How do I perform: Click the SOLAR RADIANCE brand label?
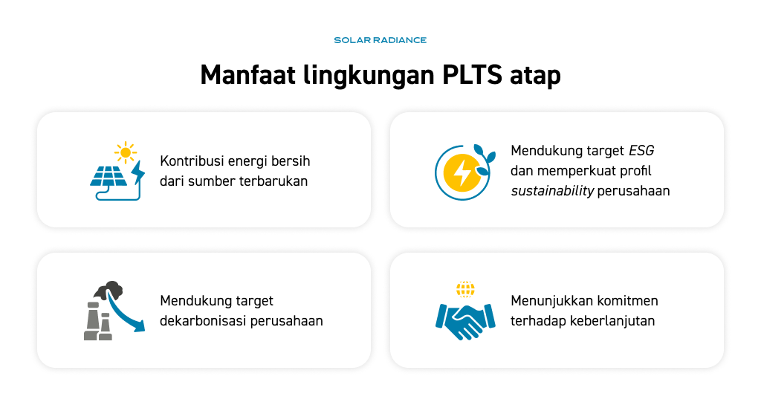click(380, 40)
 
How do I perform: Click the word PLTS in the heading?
click(472, 75)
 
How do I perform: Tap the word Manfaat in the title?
click(247, 75)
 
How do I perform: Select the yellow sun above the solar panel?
click(126, 153)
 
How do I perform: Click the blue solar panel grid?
click(109, 176)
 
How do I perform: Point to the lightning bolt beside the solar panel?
click(138, 172)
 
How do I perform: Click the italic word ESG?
click(641, 151)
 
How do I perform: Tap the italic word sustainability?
click(552, 191)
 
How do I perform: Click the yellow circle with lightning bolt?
click(462, 172)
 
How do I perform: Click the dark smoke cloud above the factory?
click(109, 289)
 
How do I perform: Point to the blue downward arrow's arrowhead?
click(139, 326)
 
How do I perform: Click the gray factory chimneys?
click(98, 321)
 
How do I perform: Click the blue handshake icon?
click(465, 321)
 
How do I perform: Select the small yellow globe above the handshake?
click(465, 289)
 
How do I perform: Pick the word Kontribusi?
click(192, 161)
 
